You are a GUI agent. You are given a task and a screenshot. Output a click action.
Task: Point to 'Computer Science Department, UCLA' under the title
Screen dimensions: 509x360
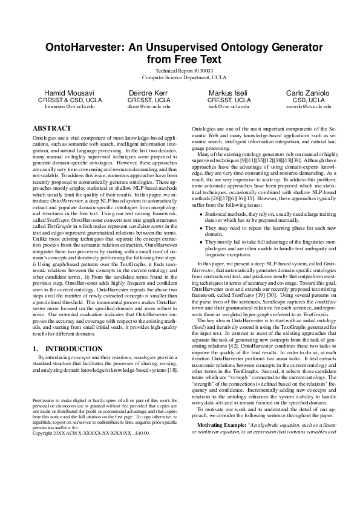point(180,78)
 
